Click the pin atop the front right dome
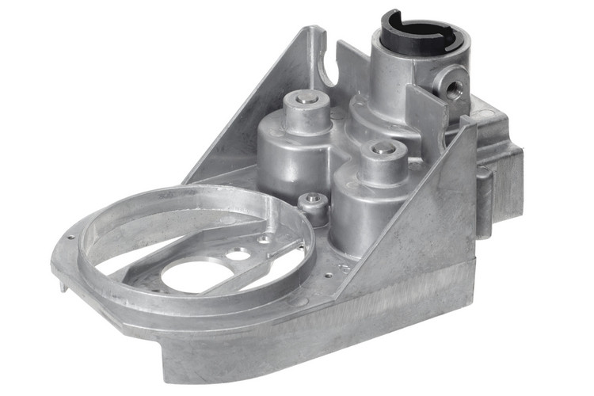(382, 148)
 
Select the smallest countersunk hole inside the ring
(262, 238)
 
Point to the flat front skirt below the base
(317, 348)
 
